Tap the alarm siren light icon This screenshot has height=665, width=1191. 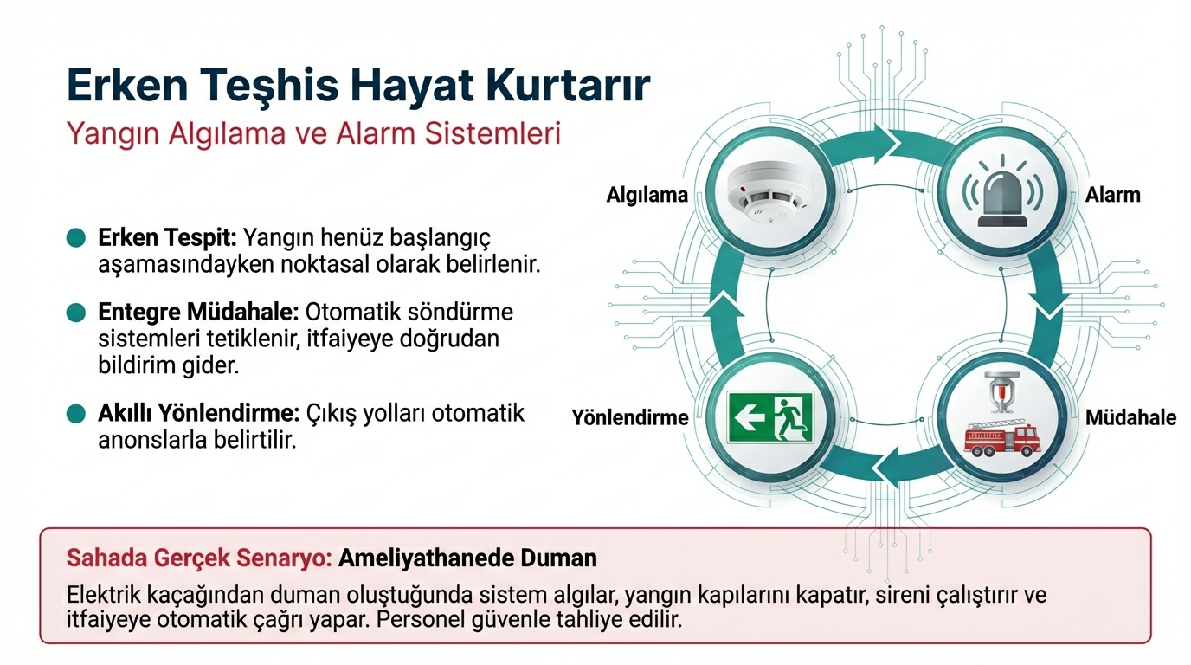1002,191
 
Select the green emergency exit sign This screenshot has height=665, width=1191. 770,417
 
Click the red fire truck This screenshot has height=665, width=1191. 1002,439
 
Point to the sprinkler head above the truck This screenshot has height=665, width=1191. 1002,392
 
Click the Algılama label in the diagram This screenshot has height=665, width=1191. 647,195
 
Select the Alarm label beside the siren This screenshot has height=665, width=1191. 1113,195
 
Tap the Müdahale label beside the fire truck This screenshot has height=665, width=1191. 1131,417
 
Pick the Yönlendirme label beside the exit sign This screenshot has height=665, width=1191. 630,417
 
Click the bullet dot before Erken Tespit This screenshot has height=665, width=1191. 76,238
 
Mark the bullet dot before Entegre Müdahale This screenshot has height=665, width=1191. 76,313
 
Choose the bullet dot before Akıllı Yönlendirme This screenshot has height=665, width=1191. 76,413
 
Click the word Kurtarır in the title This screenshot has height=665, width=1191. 568,85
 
